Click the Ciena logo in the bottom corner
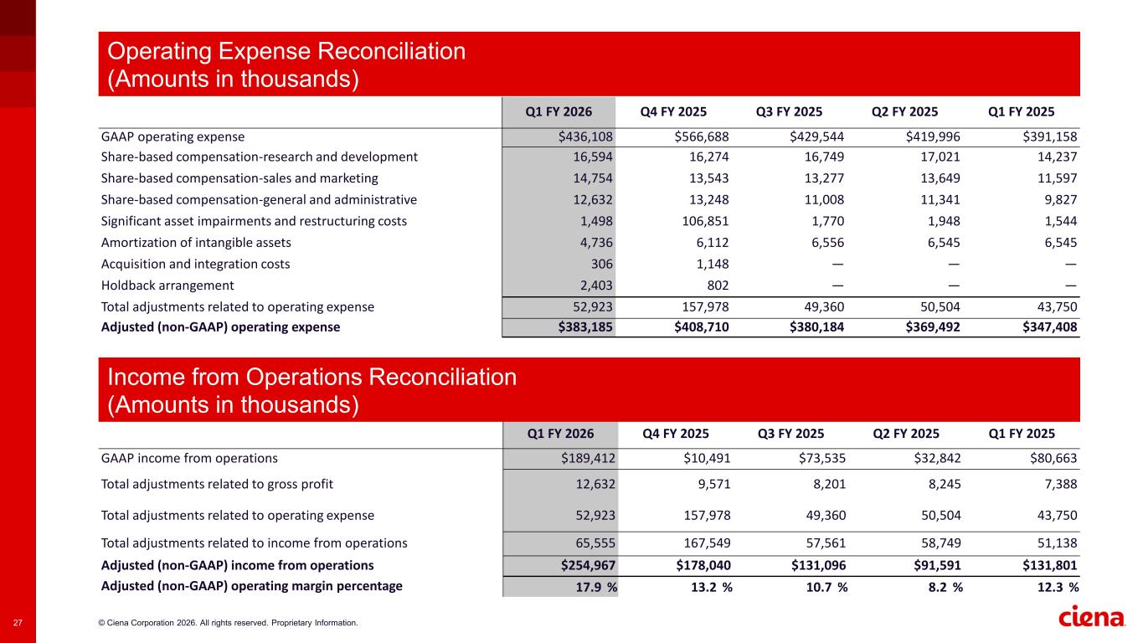[x=1093, y=618]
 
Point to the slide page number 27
[x=18, y=622]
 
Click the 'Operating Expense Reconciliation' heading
[x=286, y=52]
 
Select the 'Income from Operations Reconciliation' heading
[x=311, y=378]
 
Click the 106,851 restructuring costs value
[x=703, y=221]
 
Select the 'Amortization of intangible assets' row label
[x=196, y=243]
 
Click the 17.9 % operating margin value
[x=596, y=587]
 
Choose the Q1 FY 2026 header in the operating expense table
[x=559, y=112]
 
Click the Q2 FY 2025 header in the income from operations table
[x=905, y=434]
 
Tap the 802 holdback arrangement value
[x=718, y=285]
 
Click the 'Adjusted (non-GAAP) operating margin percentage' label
[x=251, y=586]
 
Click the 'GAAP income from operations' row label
[x=189, y=459]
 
